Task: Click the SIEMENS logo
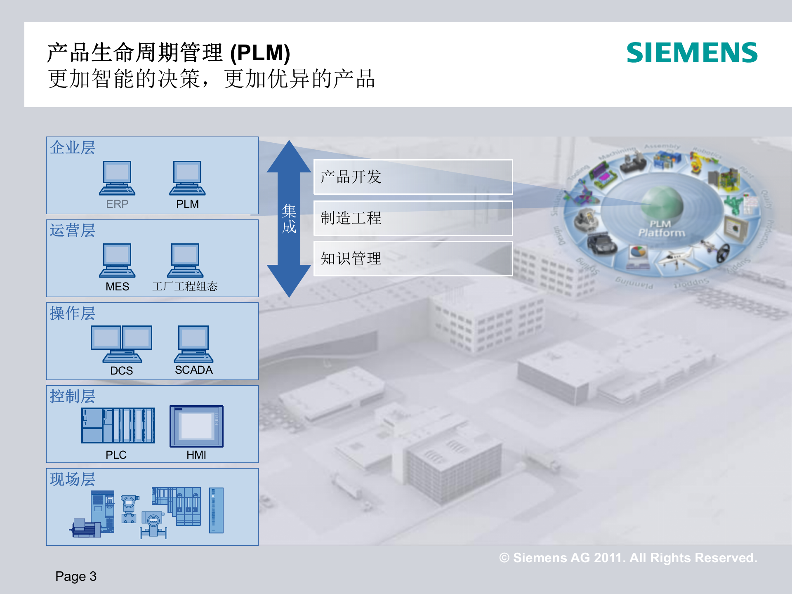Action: (692, 53)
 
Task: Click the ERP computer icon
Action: (117, 178)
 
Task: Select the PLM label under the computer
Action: (187, 204)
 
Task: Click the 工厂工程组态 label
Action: (184, 286)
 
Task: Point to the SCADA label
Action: (193, 370)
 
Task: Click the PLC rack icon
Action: (118, 425)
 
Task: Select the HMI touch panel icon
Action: (196, 426)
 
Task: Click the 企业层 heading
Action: (73, 148)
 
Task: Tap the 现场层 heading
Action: (73, 479)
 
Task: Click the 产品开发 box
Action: (412, 177)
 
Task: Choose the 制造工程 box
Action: (412, 218)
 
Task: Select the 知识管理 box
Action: (412, 259)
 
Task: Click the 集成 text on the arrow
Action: (289, 219)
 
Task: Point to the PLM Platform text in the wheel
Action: (661, 229)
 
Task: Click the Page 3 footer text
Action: (76, 576)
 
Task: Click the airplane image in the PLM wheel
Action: (676, 259)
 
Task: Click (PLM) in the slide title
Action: (260, 53)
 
